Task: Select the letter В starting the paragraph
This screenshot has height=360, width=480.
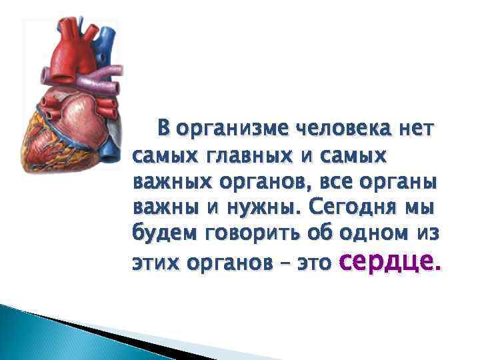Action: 163,127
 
